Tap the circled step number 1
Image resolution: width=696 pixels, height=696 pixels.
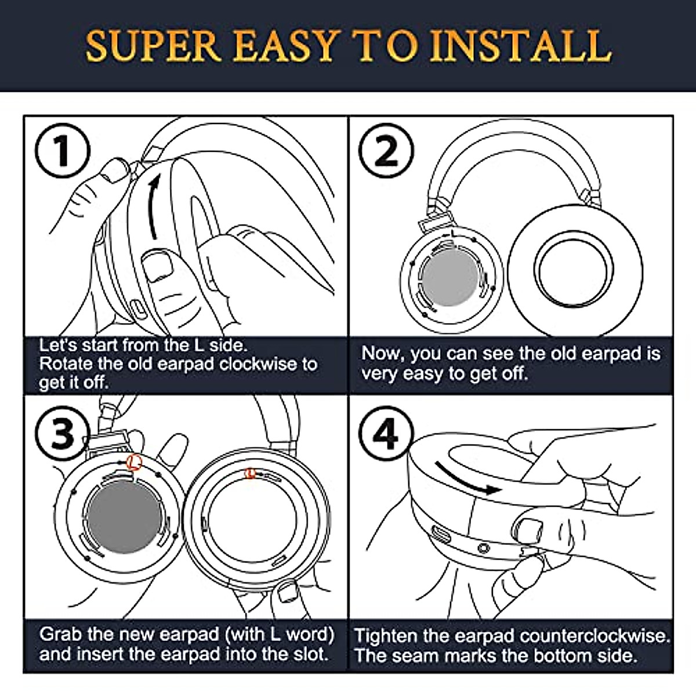click(63, 150)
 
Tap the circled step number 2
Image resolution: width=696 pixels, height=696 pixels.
click(386, 150)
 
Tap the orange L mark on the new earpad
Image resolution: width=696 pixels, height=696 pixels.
click(250, 473)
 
